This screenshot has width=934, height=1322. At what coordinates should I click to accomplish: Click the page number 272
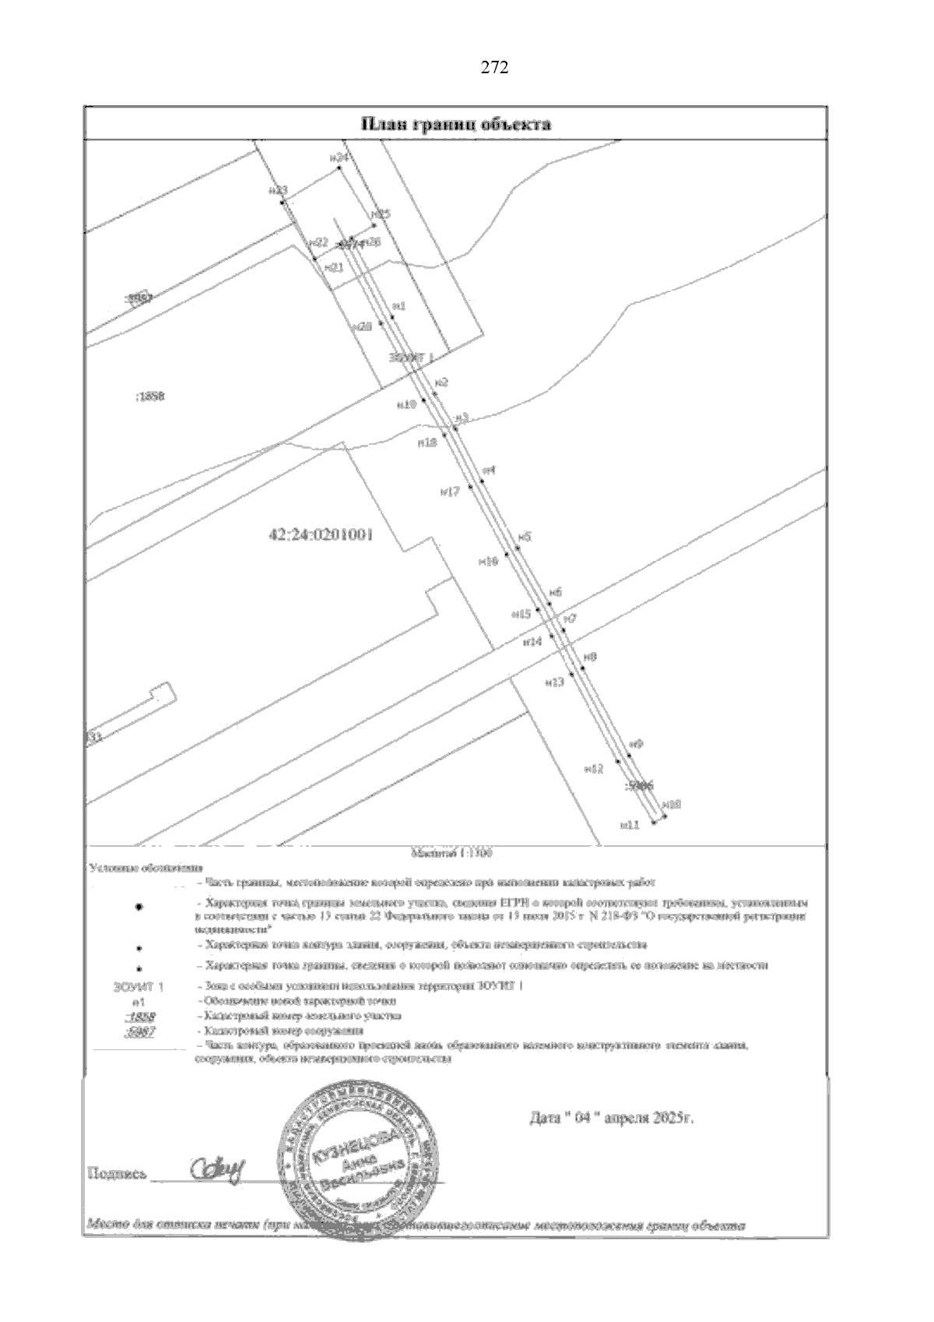click(494, 68)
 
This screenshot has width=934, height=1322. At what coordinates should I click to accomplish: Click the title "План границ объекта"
click(455, 125)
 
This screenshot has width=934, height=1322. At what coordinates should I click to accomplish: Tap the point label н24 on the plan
click(339, 157)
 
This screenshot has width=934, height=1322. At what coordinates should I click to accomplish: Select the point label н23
click(278, 190)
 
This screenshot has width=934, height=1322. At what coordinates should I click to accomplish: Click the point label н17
click(450, 492)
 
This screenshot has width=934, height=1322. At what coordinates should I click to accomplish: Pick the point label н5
click(525, 538)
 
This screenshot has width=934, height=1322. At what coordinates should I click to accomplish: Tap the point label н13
click(554, 682)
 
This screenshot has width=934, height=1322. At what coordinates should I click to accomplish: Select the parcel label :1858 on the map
click(148, 397)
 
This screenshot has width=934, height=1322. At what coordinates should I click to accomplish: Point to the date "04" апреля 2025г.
click(611, 1119)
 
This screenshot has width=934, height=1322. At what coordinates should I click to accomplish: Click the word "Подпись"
click(117, 1172)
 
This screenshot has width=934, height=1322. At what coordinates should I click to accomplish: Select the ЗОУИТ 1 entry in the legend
click(139, 986)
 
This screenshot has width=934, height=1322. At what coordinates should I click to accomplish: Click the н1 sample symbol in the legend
click(139, 1001)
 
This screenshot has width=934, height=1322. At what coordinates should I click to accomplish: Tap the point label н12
click(594, 769)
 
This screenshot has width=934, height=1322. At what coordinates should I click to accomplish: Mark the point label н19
click(406, 404)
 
